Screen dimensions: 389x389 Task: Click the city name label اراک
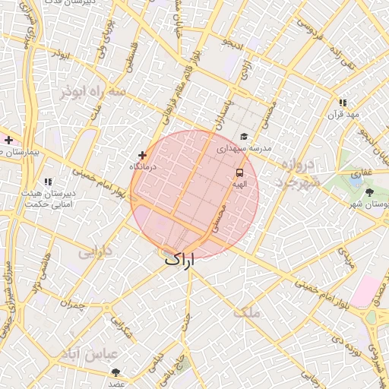pos(180,259)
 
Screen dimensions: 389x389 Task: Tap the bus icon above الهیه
pos(239,173)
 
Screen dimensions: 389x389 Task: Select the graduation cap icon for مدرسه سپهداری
pos(244,138)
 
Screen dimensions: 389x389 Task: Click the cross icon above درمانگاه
pos(142,155)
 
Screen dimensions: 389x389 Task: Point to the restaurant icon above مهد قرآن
pos(343,103)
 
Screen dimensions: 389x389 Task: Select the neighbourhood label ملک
pos(247,312)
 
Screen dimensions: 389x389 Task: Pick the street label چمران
pos(74,305)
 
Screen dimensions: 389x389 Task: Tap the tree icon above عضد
pos(115,372)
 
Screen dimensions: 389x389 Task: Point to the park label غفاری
pos(362,172)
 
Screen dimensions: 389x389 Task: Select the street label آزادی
pos(245,72)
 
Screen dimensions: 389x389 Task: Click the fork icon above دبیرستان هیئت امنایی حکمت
pos(48,182)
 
